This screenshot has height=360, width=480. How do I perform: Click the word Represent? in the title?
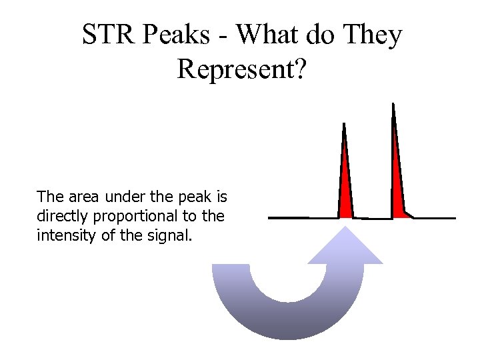(241, 69)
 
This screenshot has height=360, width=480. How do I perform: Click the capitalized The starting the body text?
(49, 197)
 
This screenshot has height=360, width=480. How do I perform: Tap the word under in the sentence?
(127, 197)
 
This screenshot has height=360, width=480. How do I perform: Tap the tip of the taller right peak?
(393, 105)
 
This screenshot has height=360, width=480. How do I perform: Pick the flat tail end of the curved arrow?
(231, 267)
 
